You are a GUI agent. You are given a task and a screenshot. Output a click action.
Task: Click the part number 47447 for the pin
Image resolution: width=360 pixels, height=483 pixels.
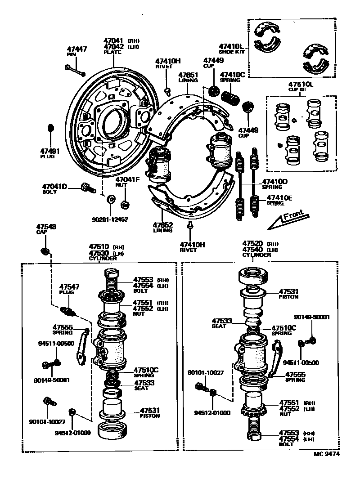coord(76,49)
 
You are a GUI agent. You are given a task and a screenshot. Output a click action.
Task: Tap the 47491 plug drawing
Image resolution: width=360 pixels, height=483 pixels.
coord(51,129)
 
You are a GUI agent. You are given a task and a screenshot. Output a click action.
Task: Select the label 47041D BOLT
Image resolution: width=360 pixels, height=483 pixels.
coord(54,188)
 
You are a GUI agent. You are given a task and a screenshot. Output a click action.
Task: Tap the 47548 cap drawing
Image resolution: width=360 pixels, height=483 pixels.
coord(45,250)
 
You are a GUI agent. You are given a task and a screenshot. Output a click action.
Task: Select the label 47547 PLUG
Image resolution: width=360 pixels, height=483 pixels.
coord(69,289)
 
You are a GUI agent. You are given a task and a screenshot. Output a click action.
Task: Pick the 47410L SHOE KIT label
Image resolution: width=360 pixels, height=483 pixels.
coord(231,49)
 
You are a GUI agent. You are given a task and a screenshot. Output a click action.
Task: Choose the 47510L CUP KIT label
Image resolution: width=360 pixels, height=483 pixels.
coord(301,86)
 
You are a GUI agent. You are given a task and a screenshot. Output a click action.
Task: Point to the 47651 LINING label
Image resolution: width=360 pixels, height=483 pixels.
coord(188,77)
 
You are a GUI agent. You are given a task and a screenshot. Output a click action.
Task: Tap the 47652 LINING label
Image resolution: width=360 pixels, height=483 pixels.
coord(162,227)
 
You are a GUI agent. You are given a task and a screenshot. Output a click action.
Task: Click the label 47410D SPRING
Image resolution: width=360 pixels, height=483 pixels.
coord(275,184)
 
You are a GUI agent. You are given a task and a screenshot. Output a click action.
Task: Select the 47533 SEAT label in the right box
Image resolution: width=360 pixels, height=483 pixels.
coord(222,323)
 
